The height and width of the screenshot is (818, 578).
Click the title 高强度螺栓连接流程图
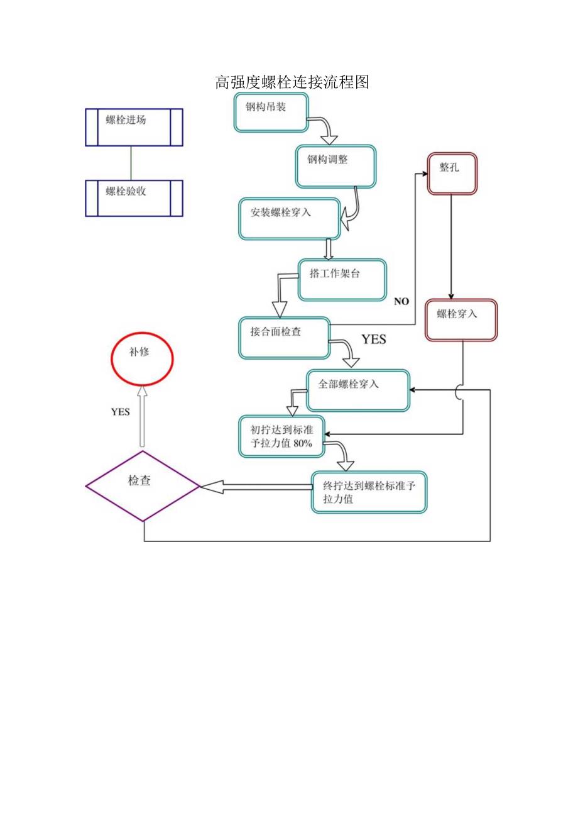[292, 82]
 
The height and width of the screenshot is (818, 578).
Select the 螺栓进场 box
[134, 127]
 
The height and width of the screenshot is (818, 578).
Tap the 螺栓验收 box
[134, 198]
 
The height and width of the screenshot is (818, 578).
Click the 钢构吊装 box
[271, 113]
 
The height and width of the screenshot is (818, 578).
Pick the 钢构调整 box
[335, 167]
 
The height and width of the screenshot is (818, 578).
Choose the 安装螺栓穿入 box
[290, 219]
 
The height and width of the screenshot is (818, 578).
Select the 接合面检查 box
[285, 338]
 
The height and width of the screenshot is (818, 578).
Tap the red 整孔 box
[452, 174]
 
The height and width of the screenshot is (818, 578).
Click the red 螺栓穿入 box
[461, 320]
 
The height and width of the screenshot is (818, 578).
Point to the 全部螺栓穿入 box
[357, 390]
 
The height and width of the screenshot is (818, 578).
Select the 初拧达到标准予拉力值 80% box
[281, 436]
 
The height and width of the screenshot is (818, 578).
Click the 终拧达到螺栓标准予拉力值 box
[369, 492]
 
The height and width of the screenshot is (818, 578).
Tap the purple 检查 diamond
[143, 486]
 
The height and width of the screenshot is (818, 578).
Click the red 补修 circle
[141, 358]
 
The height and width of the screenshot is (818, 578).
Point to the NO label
[401, 302]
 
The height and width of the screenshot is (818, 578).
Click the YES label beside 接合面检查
[373, 340]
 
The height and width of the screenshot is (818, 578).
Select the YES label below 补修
[120, 412]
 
